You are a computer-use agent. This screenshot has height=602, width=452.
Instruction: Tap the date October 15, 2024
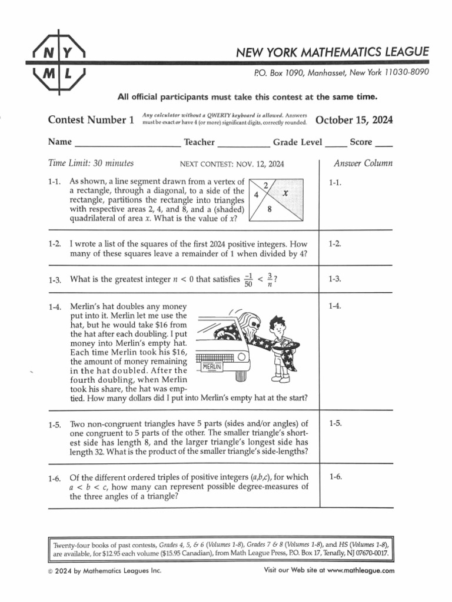click(x=354, y=121)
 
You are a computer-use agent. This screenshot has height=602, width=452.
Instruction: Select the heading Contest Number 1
click(x=91, y=121)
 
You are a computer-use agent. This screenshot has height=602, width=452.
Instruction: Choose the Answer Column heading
click(x=363, y=163)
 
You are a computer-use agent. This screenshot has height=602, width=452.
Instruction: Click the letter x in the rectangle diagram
click(x=284, y=193)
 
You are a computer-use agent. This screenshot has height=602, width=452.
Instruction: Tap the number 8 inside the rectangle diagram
click(x=269, y=208)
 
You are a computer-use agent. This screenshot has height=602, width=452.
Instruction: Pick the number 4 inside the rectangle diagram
click(x=256, y=195)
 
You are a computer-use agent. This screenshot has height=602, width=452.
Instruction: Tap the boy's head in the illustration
click(x=277, y=325)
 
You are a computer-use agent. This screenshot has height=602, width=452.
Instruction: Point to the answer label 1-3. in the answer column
click(x=335, y=279)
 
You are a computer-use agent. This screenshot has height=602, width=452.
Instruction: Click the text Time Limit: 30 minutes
click(x=91, y=163)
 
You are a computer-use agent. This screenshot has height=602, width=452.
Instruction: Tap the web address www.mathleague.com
click(x=361, y=570)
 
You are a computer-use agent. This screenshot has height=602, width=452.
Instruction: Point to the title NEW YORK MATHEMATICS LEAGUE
click(x=333, y=53)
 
